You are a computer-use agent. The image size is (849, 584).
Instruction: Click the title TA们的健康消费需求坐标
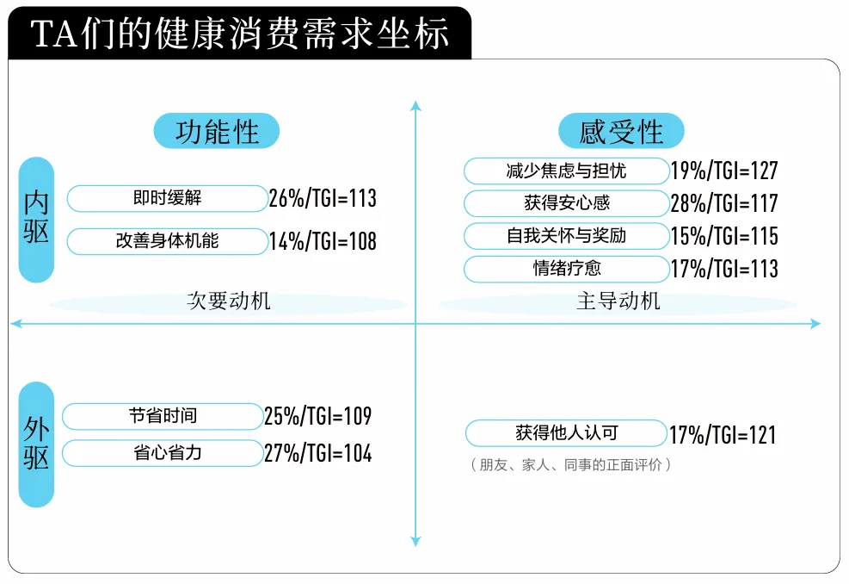point(239,34)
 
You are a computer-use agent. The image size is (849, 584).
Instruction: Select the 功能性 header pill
point(217,131)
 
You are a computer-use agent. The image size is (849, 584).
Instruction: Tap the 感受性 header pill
point(621,131)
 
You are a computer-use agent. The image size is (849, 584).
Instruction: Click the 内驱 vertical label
point(36,220)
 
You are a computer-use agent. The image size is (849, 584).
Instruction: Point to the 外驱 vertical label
point(36,444)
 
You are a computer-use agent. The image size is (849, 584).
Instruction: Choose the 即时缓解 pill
point(168,198)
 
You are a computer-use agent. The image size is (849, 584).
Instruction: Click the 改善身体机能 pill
point(168,241)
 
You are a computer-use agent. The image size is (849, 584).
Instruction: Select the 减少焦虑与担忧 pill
point(566,171)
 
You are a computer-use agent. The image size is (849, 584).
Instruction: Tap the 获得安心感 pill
point(566,203)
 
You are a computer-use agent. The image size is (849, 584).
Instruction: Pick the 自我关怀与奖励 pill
point(566,236)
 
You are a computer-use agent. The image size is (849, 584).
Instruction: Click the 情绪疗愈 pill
point(566,269)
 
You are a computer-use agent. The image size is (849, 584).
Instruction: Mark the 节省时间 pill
point(163,416)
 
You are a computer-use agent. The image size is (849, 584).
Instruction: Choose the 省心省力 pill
point(163,453)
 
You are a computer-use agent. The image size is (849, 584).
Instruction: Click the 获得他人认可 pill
point(566,432)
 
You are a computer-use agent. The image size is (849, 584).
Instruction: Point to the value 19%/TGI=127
point(724,171)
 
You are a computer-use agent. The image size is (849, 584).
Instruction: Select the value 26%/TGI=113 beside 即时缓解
point(323,198)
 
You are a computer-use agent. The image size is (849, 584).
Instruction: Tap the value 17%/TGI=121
point(723,435)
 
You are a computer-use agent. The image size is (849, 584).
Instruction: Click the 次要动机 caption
point(229,301)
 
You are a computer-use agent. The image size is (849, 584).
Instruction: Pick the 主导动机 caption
point(618,301)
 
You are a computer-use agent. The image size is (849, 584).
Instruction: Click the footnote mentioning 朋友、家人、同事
point(570,465)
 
